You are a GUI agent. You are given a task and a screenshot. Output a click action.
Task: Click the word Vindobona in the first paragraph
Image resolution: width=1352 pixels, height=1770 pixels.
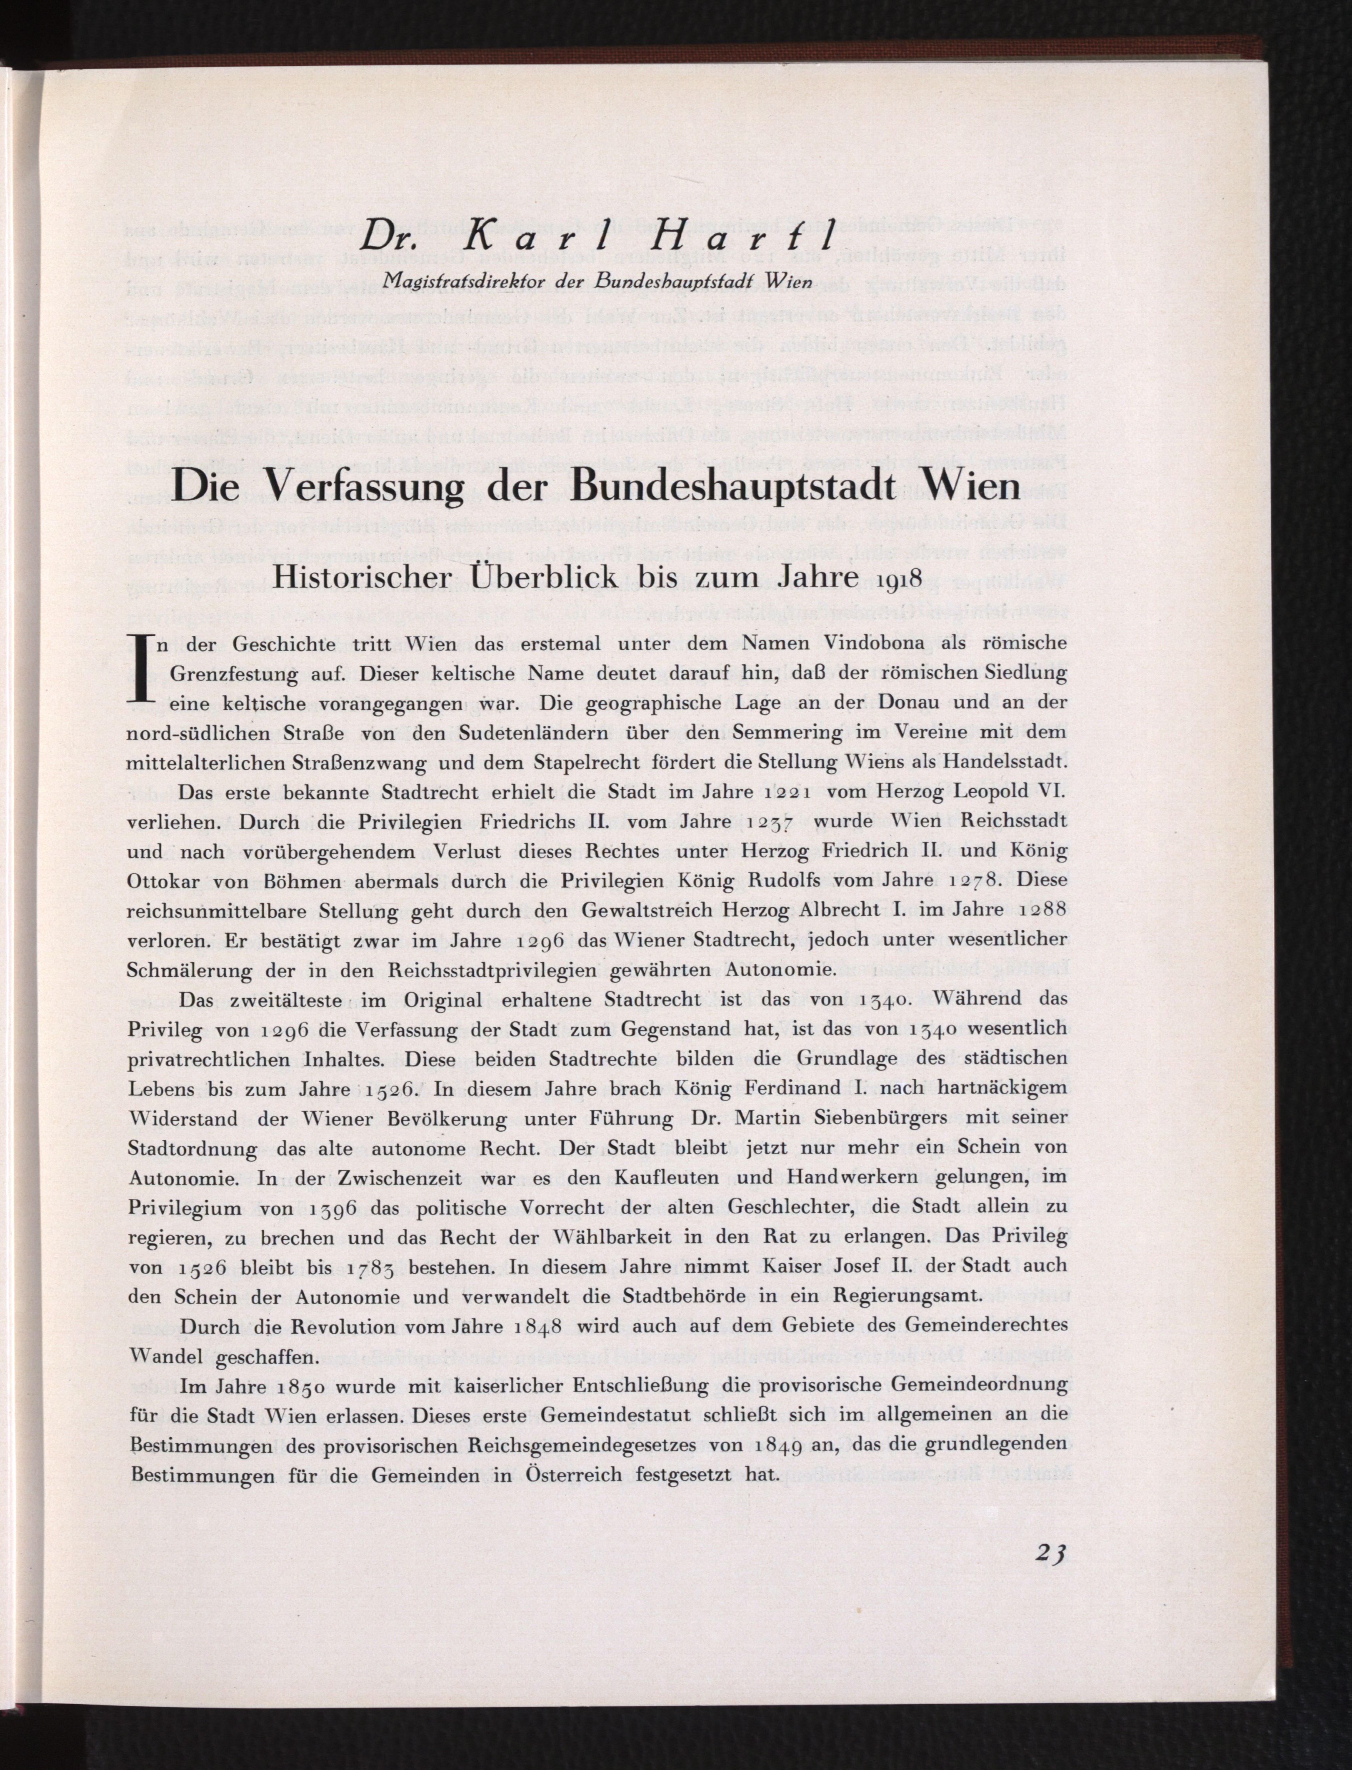pyautogui.click(x=857, y=644)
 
